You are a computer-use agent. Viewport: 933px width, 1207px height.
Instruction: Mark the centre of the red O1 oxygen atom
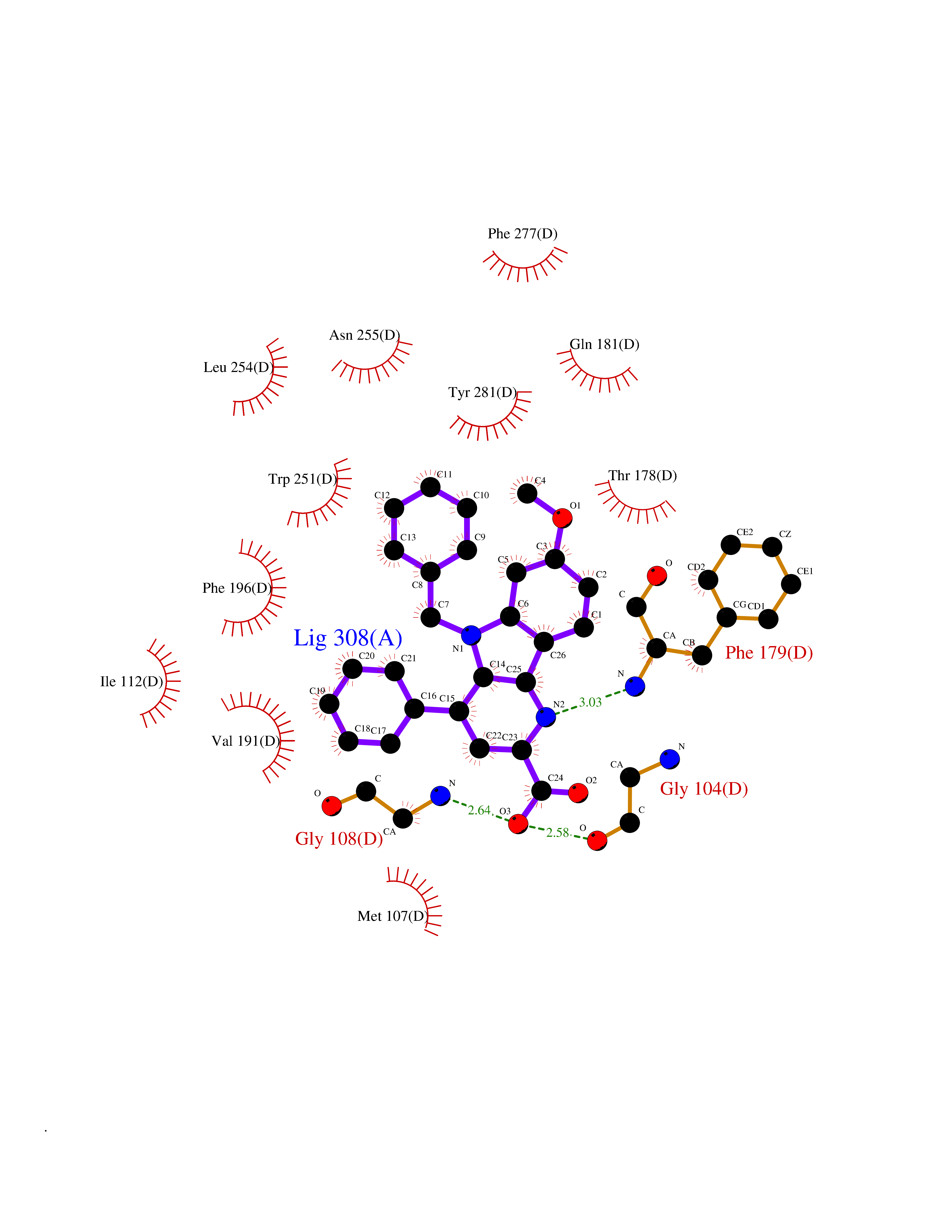coord(562,518)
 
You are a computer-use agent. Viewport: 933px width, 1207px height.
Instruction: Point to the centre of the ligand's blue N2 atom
coord(546,717)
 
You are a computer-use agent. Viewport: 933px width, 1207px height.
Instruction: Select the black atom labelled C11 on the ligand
coord(430,487)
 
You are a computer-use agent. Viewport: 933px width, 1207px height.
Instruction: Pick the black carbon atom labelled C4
coord(527,493)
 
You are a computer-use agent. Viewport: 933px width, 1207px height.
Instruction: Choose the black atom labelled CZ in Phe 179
coord(772,547)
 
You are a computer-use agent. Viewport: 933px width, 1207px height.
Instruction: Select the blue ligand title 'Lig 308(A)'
coord(348,638)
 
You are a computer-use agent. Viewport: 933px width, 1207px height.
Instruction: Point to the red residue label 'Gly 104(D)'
coord(704,789)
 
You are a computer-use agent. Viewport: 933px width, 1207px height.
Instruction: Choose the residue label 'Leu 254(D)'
coord(238,368)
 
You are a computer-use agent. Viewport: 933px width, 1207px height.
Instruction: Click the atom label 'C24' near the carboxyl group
coord(555,778)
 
